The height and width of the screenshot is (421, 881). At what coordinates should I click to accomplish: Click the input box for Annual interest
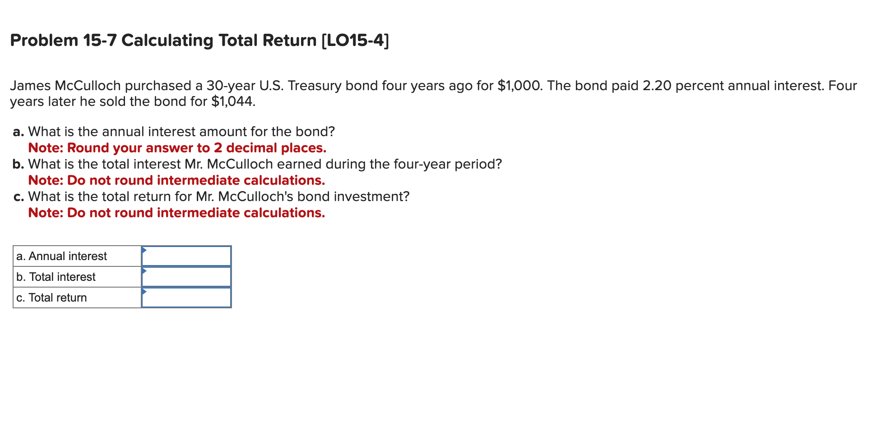pos(186,256)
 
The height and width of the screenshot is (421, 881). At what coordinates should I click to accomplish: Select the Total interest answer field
pos(186,277)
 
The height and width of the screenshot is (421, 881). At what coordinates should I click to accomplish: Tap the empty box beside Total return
pos(186,297)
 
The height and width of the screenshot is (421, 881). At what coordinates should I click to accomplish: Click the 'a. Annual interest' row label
pos(61,256)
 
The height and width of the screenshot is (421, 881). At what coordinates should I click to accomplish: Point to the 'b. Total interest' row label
pos(56,277)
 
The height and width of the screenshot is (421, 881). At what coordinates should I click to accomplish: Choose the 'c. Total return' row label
pos(51,297)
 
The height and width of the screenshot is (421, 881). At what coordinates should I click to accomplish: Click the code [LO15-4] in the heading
pos(355,41)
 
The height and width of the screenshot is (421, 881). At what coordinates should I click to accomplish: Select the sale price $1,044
pos(233,101)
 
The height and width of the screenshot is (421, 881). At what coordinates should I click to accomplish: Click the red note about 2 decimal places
pos(177,148)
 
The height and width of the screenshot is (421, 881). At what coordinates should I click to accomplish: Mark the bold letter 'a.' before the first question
pos(18,132)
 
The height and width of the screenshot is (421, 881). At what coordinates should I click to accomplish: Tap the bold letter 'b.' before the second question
pos(18,164)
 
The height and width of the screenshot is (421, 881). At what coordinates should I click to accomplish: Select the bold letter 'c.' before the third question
pos(18,197)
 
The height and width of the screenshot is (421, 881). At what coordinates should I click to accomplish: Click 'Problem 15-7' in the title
pos(63,41)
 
